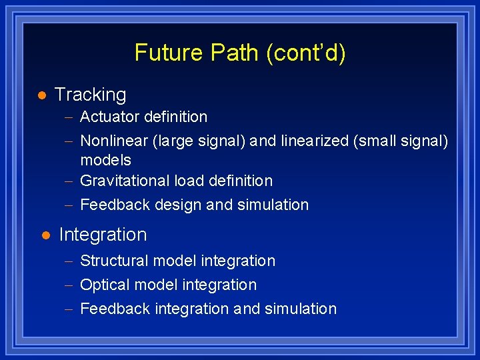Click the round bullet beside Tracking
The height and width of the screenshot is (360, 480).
41,95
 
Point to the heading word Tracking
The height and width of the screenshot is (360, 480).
90,95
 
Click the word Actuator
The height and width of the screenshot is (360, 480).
106,117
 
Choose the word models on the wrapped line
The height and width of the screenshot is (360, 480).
105,160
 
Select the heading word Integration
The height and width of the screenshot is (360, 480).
103,235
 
